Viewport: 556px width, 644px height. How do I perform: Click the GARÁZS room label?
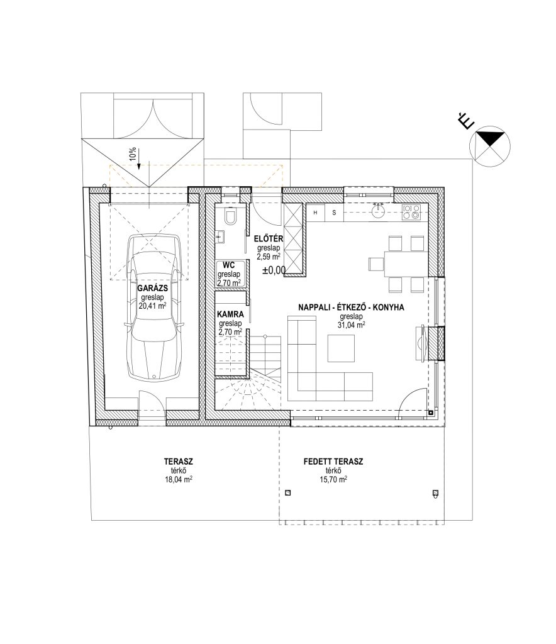tap(152, 288)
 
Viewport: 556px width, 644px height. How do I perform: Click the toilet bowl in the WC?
tap(231, 216)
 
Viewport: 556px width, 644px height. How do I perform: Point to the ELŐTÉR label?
tap(269, 238)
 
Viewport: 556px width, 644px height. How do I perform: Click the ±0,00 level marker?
tap(274, 270)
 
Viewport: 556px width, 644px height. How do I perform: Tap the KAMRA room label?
tap(230, 314)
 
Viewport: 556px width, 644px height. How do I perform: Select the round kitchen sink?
tap(378, 212)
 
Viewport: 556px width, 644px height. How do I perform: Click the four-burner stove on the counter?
tap(411, 212)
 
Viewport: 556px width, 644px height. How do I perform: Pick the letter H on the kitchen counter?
tap(315, 213)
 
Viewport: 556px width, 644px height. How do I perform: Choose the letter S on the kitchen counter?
tap(334, 213)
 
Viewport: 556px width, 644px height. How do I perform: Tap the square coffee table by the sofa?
tap(341, 348)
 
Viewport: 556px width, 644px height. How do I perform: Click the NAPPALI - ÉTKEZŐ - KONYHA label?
tap(351, 307)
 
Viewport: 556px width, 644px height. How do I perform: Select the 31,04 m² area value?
tap(352, 325)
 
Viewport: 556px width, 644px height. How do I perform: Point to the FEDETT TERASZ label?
tap(333, 462)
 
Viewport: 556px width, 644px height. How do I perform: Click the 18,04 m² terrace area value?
tap(178, 479)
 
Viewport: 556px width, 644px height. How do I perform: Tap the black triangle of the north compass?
tap(490, 138)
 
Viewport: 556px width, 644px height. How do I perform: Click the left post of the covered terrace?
tap(288, 493)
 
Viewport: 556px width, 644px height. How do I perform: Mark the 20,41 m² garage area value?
tap(152, 306)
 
